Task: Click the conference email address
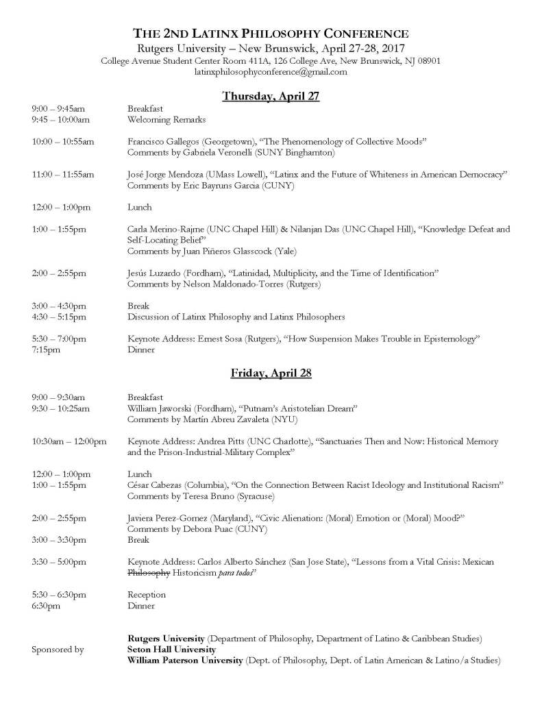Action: pos(271,71)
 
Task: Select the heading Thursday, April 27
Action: pos(271,96)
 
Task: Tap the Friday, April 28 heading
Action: pos(271,373)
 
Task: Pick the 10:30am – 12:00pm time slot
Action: pos(69,441)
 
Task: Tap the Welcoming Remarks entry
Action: pos(167,120)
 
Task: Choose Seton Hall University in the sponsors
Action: pos(171,649)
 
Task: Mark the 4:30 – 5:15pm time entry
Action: pos(59,317)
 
